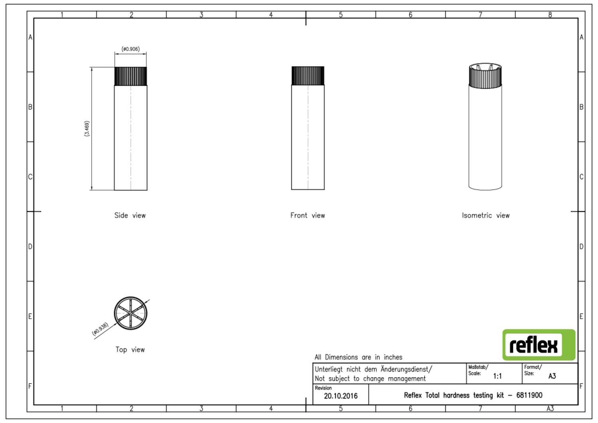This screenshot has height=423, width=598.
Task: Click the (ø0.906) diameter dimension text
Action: click(x=130, y=49)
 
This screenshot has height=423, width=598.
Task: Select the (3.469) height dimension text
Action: click(x=87, y=128)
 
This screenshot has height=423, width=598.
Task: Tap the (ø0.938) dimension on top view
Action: click(x=100, y=329)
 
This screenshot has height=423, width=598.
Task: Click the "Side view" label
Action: click(x=130, y=215)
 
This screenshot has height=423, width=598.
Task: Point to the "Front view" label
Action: click(x=307, y=215)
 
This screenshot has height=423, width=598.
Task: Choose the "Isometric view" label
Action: click(x=486, y=215)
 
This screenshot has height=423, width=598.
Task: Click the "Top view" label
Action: click(x=130, y=350)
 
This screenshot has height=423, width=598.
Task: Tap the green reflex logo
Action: click(x=539, y=345)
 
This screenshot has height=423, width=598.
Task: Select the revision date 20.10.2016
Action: click(x=340, y=396)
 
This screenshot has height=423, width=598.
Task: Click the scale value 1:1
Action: click(x=498, y=376)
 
